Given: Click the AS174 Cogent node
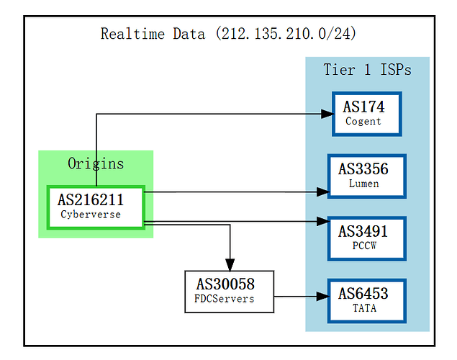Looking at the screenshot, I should (366, 114).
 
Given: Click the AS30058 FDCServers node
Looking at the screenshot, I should (229, 292).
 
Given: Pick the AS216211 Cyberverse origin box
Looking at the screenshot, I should (96, 207).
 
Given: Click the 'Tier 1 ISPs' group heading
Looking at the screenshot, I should (367, 70).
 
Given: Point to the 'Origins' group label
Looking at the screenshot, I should (96, 163).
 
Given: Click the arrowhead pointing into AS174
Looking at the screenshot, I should (325, 114).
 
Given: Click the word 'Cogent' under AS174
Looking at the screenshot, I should (363, 122).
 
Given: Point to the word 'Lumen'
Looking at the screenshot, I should (363, 184).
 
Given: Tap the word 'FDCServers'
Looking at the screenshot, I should (225, 299).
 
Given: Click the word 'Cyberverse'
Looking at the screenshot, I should (91, 214).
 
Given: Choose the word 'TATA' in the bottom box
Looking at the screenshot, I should (363, 308).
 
